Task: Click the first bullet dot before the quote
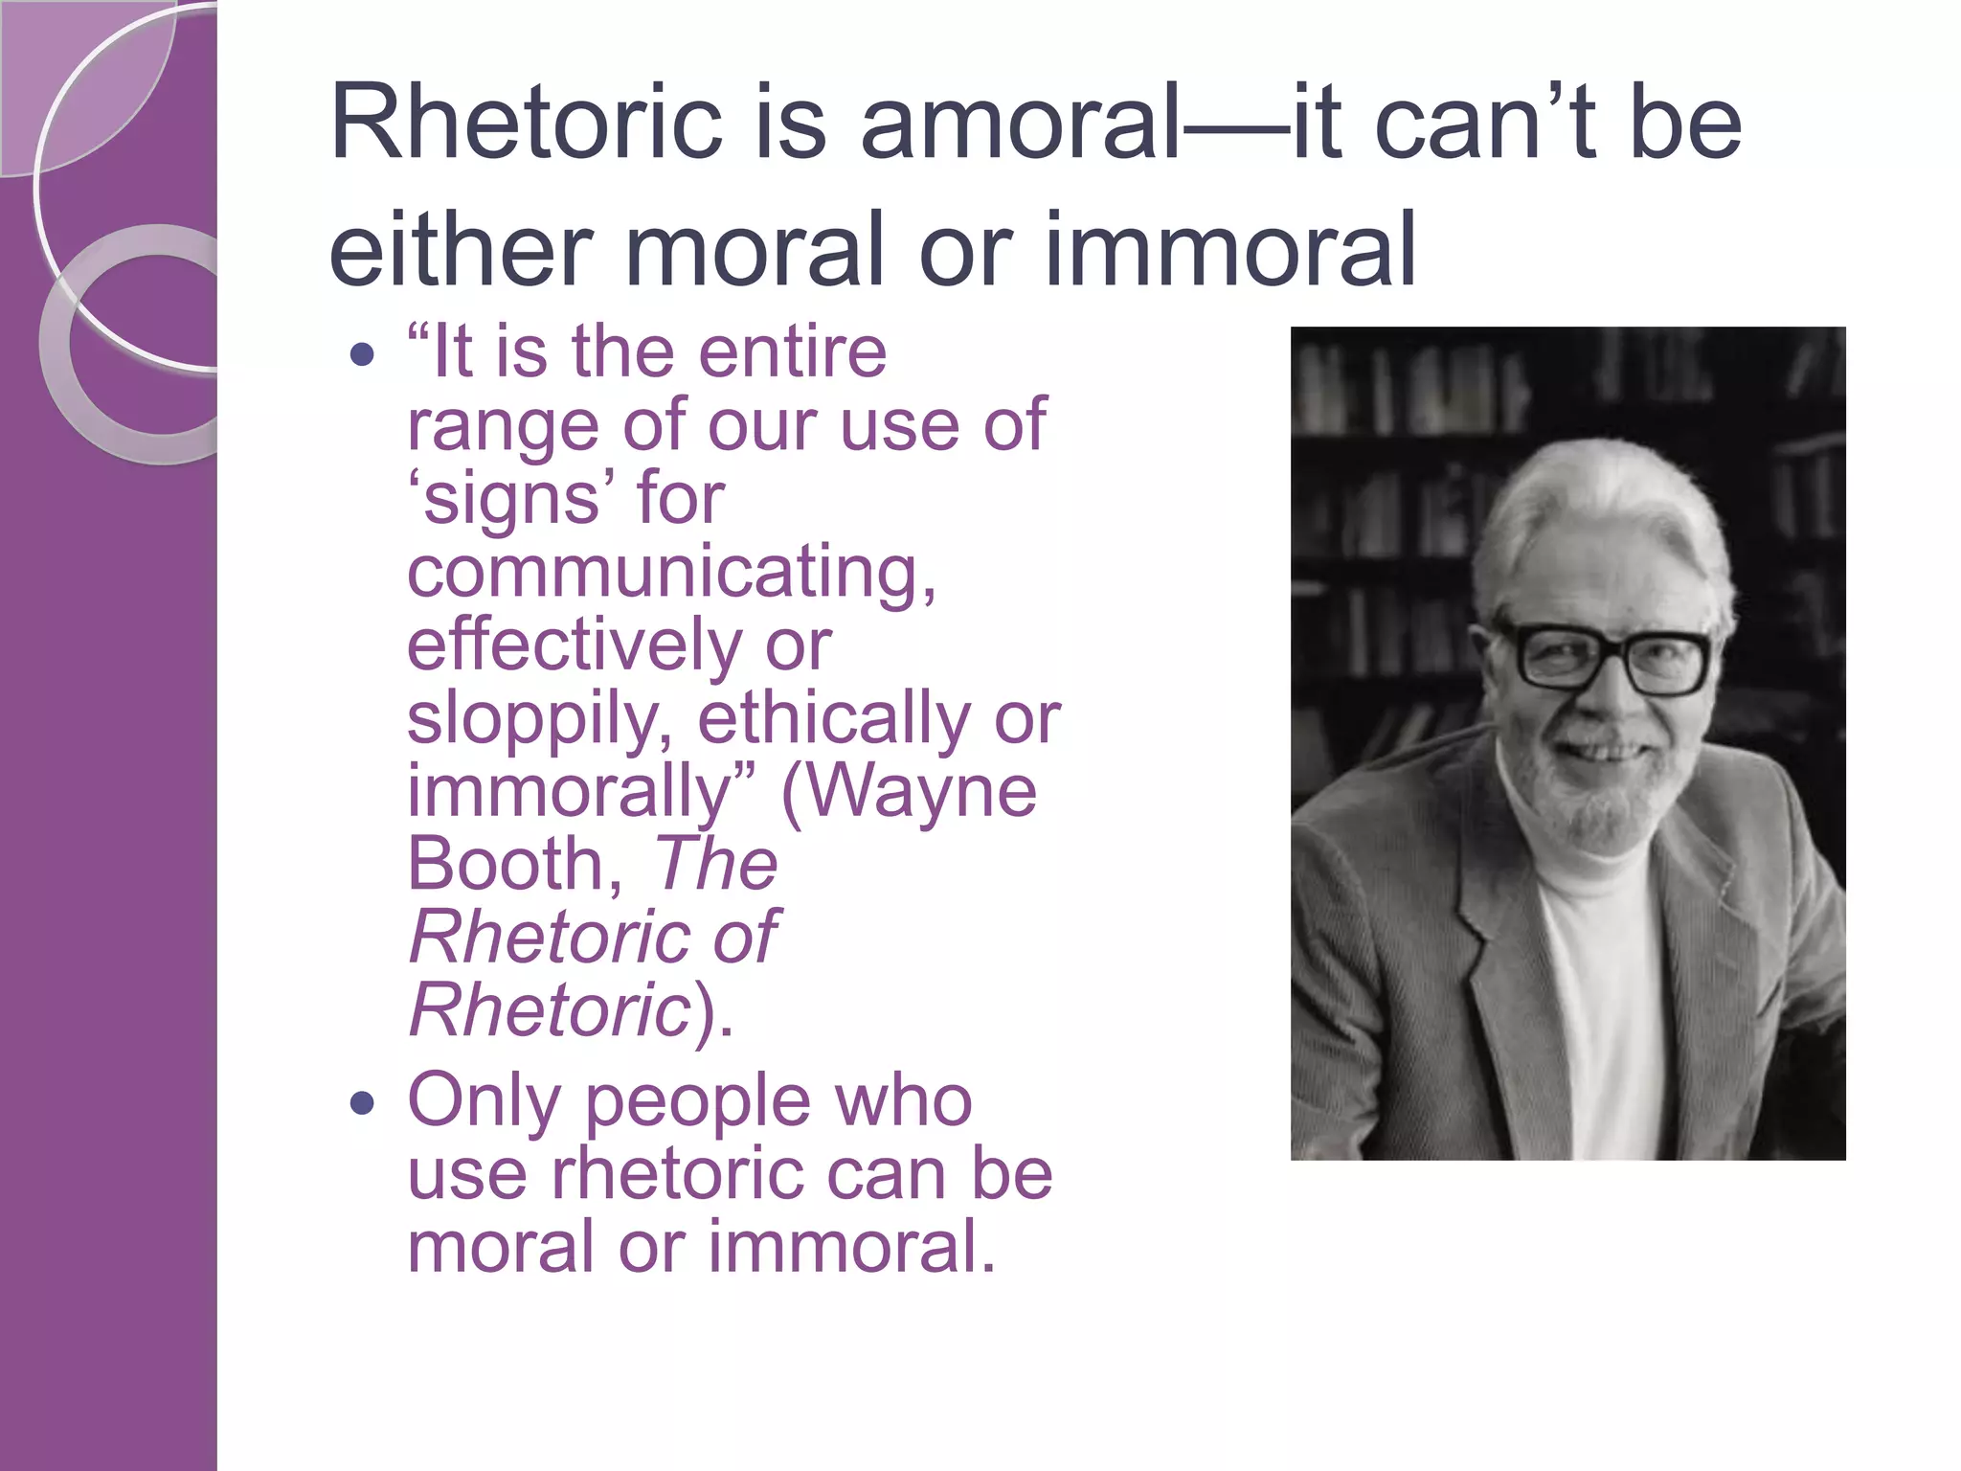tap(362, 356)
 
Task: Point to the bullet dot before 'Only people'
tap(362, 1104)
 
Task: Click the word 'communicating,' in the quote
tap(671, 573)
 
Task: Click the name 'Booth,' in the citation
tap(517, 864)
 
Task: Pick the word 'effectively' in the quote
tap(575, 645)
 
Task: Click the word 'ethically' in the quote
tap(833, 718)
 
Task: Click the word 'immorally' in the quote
tap(570, 793)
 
